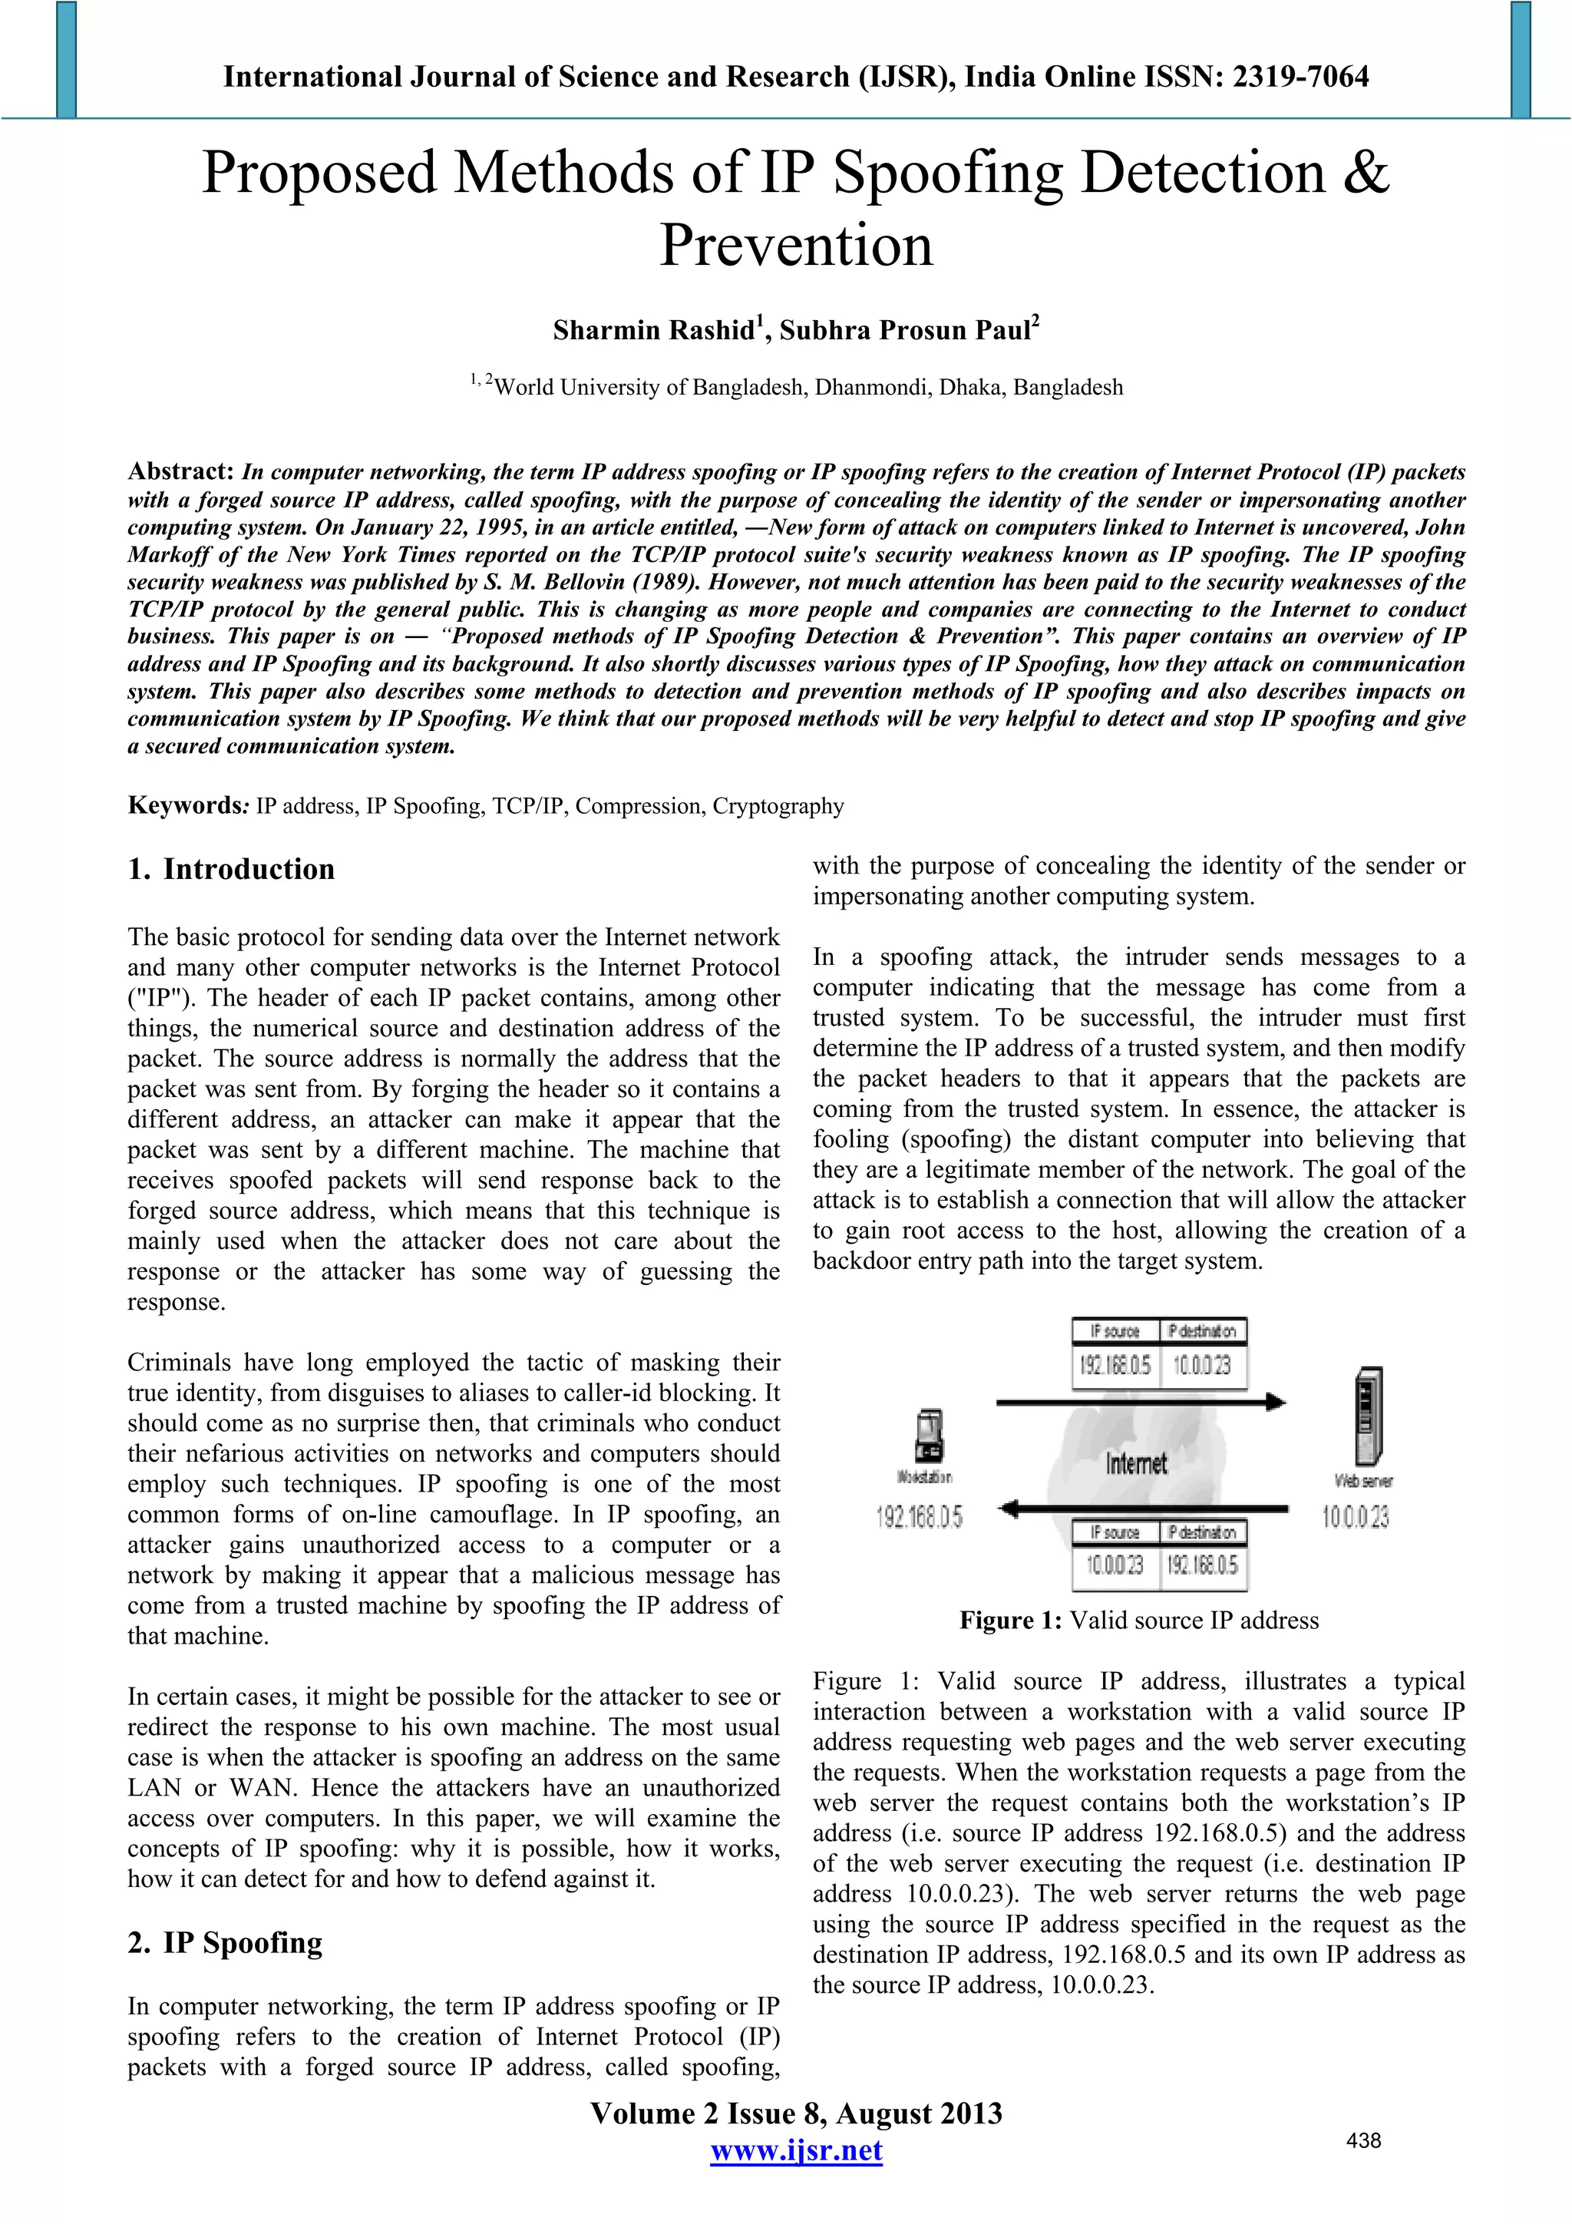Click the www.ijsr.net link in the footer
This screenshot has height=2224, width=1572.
[x=795, y=2151]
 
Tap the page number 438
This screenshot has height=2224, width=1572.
[x=1362, y=2140]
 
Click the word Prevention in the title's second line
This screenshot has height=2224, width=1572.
[x=796, y=245]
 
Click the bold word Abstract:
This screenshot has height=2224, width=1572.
[x=181, y=471]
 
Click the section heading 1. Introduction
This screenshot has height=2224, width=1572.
[x=232, y=869]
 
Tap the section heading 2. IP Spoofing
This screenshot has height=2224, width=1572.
[x=225, y=1943]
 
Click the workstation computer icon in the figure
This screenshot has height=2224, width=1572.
[x=929, y=1436]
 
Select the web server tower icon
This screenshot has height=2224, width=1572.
[x=1368, y=1416]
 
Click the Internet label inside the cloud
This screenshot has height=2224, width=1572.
[x=1136, y=1464]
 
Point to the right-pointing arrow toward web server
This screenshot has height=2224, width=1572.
[x=1141, y=1402]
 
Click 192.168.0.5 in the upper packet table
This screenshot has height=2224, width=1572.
[x=1115, y=1366]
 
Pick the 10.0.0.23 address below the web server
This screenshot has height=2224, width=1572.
[x=1355, y=1517]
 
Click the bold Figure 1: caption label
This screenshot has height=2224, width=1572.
[x=1010, y=1621]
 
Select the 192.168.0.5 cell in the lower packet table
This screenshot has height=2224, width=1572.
[x=1202, y=1565]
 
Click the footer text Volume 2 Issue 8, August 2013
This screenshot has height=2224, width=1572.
[x=795, y=2113]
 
